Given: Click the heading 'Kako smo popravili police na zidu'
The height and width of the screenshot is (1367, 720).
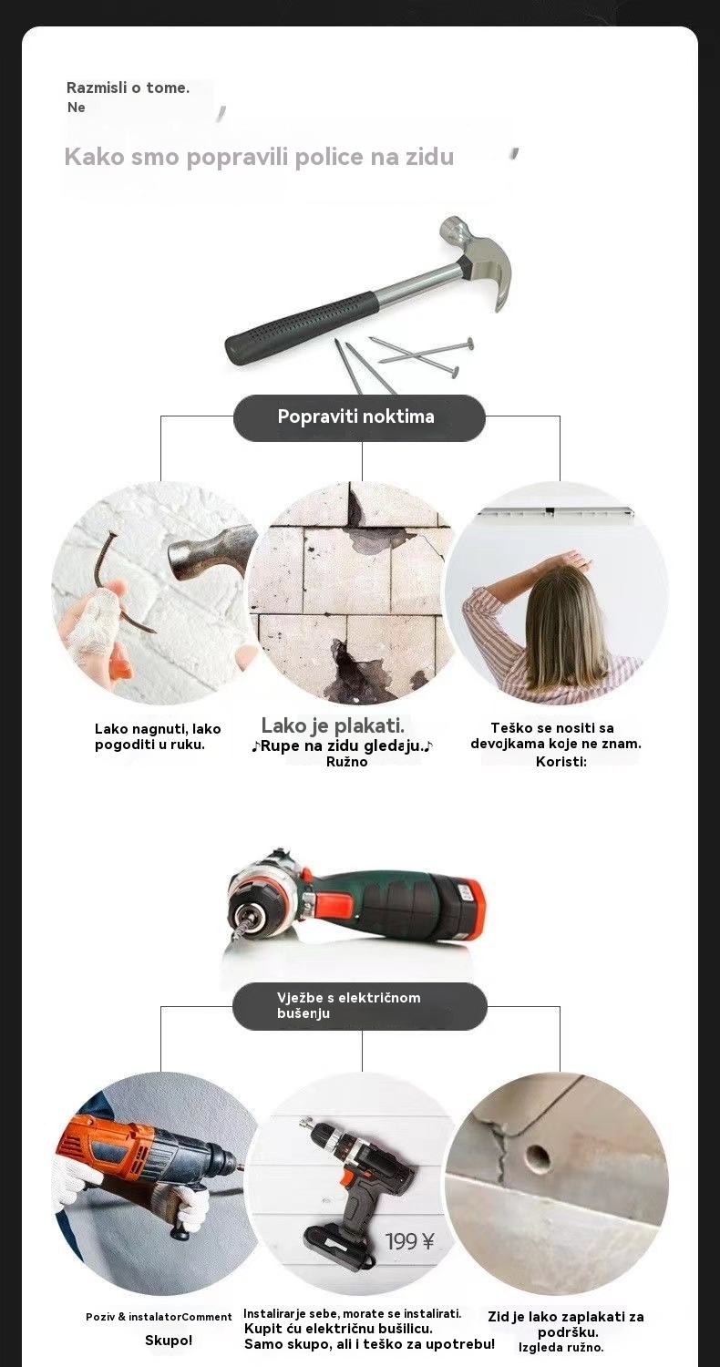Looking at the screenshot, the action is pos(260,157).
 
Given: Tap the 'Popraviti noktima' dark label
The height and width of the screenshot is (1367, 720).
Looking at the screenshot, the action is pos(359,417).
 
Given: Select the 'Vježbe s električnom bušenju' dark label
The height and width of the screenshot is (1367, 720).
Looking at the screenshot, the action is pos(359,1005).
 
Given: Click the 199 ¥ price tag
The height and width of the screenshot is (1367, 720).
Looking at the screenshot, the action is pos(410,1241).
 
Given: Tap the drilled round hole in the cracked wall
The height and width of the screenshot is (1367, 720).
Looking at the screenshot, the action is pos(536,1156).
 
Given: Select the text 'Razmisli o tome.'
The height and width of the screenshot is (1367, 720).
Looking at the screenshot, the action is pos(128,87).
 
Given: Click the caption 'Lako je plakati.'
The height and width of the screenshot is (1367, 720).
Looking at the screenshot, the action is pos(333,725).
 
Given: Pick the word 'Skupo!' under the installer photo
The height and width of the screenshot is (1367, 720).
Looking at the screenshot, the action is pos(169,1341).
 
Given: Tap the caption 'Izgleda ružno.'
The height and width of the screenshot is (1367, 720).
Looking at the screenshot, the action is pos(561,1347).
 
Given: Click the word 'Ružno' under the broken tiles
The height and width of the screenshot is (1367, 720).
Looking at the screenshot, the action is pos(346,762).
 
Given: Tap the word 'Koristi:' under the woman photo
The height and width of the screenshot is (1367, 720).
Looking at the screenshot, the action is pos(561,762).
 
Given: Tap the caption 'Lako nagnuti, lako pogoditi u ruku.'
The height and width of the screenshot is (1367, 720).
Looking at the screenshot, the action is pos(158,736).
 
